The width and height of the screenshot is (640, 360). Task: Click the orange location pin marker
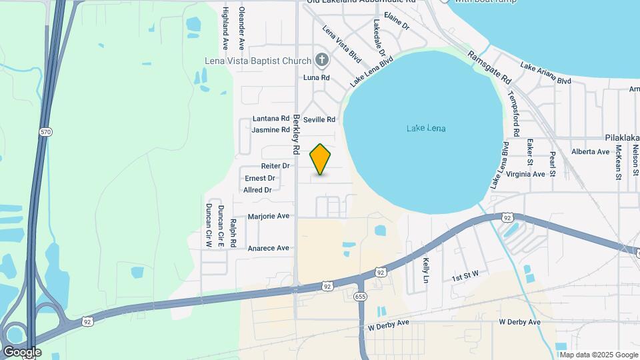[x=321, y=159]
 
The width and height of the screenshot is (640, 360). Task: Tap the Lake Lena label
[x=425, y=129]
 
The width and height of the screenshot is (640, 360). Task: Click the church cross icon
[x=322, y=61]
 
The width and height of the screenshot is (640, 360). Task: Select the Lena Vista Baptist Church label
[x=259, y=61]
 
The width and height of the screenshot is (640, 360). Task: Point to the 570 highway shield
[x=45, y=132]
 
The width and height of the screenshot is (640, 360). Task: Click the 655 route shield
[x=361, y=296]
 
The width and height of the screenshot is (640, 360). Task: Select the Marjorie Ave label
[x=269, y=216]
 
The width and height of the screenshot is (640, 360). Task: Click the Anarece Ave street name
[x=269, y=248]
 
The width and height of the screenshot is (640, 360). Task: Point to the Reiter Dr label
[x=275, y=165]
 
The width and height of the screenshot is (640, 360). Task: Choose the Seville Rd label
[x=319, y=119]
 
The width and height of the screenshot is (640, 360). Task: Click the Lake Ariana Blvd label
[x=546, y=73]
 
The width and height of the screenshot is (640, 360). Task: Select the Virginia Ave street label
[x=525, y=174]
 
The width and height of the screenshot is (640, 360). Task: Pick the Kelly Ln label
[x=425, y=271]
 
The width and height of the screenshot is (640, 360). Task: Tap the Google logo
[x=22, y=351]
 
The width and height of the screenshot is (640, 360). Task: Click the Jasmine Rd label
[x=271, y=129]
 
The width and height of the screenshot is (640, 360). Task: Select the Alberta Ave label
[x=590, y=152]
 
